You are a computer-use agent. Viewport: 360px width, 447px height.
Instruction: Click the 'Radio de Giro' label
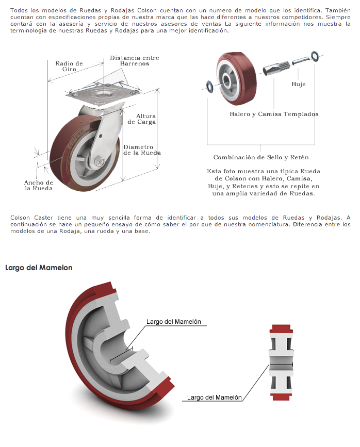[x=69, y=66]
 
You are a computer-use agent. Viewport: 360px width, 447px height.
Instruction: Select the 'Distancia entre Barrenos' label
[x=135, y=60]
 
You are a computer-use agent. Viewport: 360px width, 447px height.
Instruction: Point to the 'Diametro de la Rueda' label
[x=142, y=150]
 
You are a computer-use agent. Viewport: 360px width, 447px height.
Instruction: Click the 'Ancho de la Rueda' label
[x=39, y=185]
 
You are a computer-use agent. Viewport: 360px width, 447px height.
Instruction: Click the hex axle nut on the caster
[x=99, y=162]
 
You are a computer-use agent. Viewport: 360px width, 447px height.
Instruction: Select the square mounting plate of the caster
[x=104, y=93]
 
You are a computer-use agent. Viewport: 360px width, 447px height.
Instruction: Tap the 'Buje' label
[x=299, y=84]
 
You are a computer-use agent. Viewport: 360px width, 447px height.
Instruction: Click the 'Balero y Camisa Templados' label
[x=274, y=114]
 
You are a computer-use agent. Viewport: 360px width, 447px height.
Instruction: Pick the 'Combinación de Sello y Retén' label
[x=261, y=157]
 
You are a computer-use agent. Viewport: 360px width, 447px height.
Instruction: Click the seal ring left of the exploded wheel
[x=210, y=87]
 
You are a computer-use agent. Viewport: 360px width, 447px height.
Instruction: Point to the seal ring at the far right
[x=315, y=56]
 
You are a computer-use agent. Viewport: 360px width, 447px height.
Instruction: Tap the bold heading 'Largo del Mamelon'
[x=39, y=268]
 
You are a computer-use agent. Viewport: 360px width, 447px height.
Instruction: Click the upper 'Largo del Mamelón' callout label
[x=173, y=322]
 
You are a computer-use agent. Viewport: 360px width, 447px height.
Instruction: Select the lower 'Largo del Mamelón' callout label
[x=214, y=398]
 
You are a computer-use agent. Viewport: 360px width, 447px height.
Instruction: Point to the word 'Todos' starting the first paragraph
[x=19, y=10]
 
